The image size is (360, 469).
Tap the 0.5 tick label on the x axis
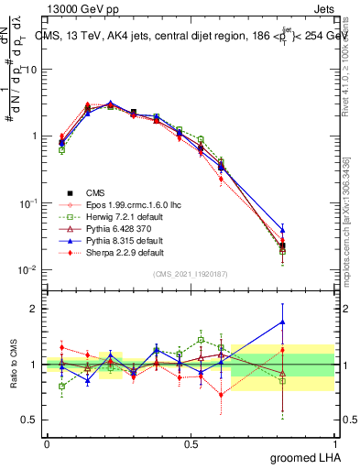pos(191,443)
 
